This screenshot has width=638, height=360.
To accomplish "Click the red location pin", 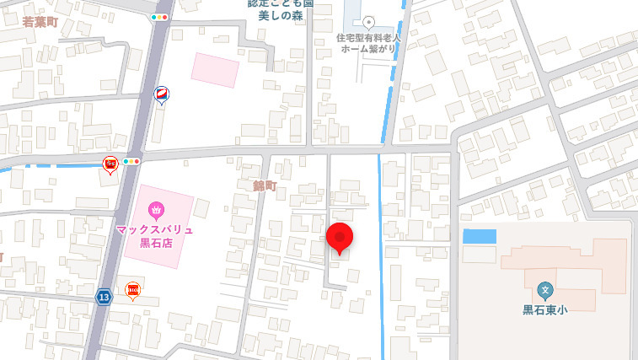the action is click(x=340, y=237).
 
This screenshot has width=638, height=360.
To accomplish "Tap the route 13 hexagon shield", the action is click(x=104, y=297).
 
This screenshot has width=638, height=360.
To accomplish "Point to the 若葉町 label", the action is click(x=39, y=22).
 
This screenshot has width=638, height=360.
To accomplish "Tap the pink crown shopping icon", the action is click(x=155, y=208).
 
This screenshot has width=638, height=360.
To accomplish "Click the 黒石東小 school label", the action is click(x=544, y=309).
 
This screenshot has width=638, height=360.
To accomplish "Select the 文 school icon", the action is click(x=544, y=290).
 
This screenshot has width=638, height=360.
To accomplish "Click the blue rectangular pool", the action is click(x=480, y=236).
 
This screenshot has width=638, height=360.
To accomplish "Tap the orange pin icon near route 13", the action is click(x=132, y=291).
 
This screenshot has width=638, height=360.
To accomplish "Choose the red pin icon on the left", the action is click(x=110, y=164).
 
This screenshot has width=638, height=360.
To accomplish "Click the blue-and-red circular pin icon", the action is click(x=161, y=94).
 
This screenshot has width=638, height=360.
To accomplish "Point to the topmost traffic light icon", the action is click(x=159, y=17).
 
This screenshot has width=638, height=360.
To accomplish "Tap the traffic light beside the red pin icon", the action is click(x=131, y=160).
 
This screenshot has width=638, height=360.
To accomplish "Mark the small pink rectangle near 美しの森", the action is click(x=215, y=69).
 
